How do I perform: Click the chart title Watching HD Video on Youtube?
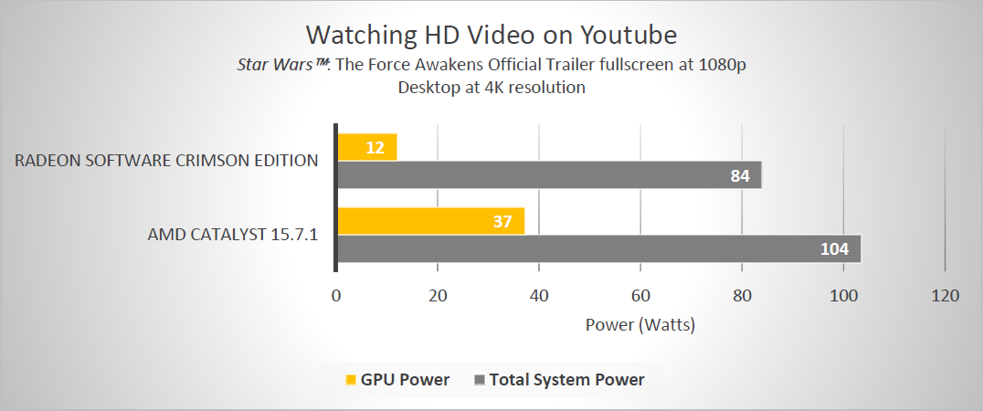tap(491, 35)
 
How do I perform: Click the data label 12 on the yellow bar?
tap(375, 147)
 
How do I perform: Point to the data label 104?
tap(835, 248)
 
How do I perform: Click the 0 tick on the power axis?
tap(336, 296)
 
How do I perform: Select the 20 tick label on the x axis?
tap(438, 296)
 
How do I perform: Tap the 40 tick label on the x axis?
tap(539, 296)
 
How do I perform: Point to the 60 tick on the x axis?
tap(640, 296)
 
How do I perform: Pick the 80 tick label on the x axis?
tap(742, 296)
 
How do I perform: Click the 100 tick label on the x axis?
tap(843, 296)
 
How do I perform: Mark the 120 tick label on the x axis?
tap(945, 296)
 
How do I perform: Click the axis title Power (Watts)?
tap(639, 324)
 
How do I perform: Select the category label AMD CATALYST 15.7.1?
tap(232, 234)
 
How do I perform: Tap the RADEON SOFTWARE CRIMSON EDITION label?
tap(166, 161)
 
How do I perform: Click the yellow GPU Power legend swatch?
tap(351, 380)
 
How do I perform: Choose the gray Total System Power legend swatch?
tap(481, 380)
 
